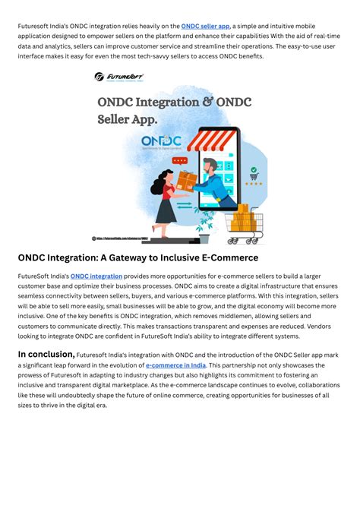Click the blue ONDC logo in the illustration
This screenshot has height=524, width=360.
pos(162,143)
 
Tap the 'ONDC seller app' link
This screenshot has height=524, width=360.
pos(205,26)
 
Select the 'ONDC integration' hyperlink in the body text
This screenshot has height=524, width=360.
pos(96,276)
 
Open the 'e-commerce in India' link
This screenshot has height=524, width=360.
pos(175,365)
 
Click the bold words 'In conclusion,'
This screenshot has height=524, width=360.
pos(46,354)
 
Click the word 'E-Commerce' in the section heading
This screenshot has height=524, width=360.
pos(228,258)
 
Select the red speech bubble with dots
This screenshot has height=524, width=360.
pos(180,161)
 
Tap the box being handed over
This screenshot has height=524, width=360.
pos(187,180)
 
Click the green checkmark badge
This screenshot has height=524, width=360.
pos(254,171)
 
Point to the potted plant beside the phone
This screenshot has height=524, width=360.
pos(204,221)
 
